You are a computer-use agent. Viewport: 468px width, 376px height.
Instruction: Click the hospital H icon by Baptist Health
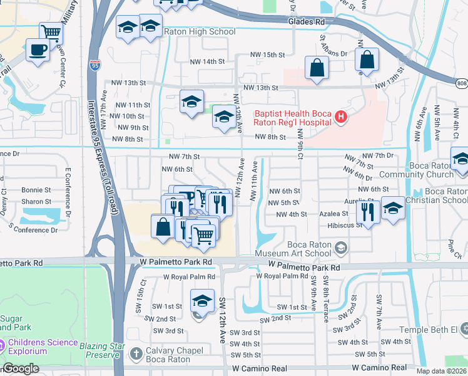coord(340,116)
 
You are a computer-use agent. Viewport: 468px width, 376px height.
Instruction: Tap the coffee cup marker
coord(38,50)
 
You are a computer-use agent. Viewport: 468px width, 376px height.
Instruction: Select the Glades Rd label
coord(307,22)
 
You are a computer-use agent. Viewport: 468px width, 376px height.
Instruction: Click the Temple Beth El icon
coord(464,328)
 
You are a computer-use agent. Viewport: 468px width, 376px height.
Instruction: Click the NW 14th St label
coord(207,61)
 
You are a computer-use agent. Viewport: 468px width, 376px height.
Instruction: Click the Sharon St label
coord(36,202)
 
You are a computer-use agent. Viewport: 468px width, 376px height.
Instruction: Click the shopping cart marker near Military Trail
coord(51,33)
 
